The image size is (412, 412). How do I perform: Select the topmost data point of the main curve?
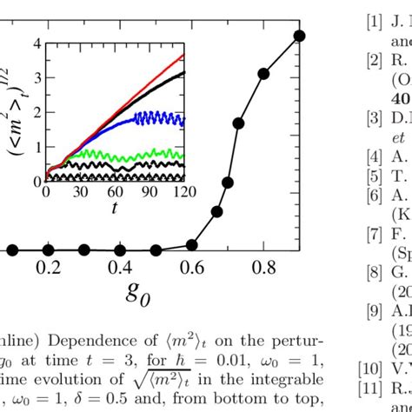point(300,36)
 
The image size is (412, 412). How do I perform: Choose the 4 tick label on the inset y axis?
point(36,42)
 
